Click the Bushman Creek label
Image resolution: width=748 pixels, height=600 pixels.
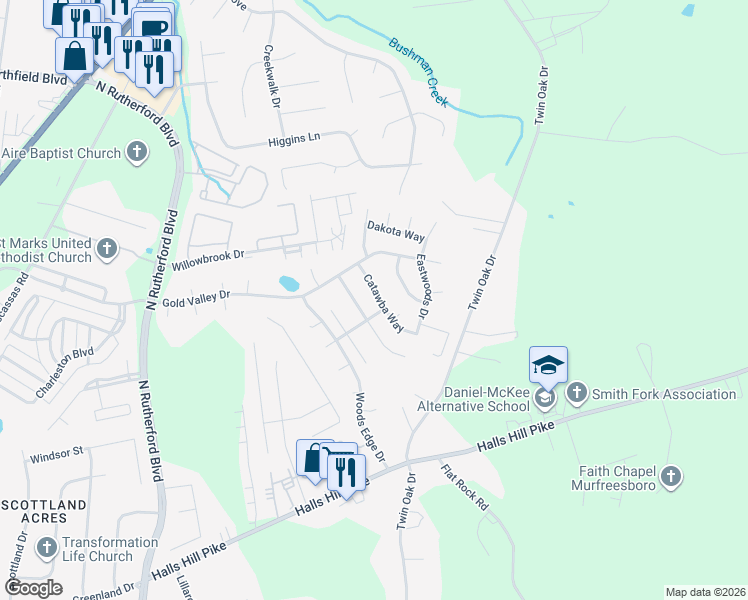(x=419, y=71)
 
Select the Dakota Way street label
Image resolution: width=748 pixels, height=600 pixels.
(x=396, y=232)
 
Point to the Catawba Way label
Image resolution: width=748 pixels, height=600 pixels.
(x=382, y=303)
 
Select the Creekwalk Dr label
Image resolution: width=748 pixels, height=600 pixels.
(x=270, y=75)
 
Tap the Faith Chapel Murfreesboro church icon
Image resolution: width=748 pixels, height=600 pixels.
(x=671, y=477)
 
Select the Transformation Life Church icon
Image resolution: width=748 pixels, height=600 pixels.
(x=46, y=548)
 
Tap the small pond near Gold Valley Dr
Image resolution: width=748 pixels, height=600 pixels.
(x=289, y=284)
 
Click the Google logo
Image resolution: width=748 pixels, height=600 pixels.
(x=33, y=588)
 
